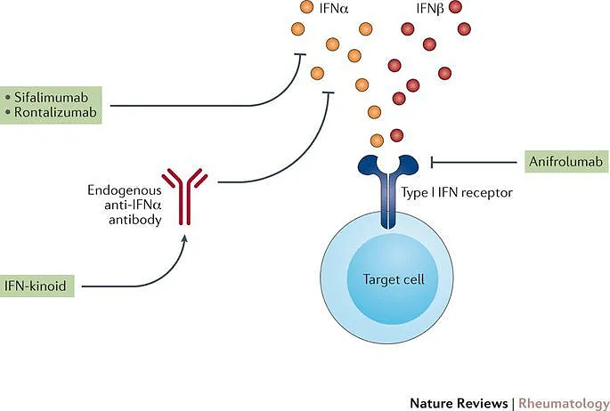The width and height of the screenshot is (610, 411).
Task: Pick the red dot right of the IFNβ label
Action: [x=457, y=8]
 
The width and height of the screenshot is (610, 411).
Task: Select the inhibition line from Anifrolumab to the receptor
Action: [x=476, y=161]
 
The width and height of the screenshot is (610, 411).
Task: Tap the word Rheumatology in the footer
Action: [x=559, y=403]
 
